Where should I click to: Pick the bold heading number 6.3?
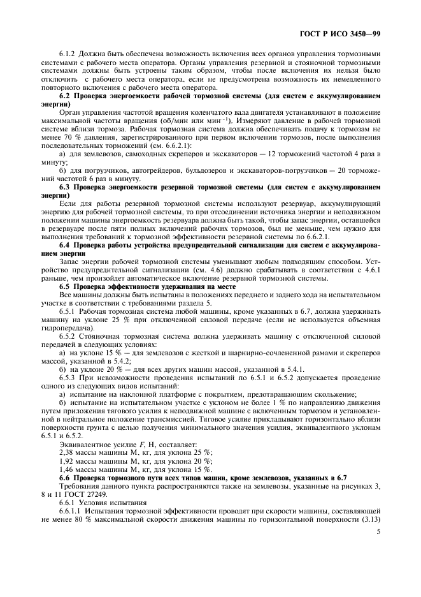68,188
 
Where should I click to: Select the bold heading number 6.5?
68,287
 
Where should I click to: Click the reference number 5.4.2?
125,361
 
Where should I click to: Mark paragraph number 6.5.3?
69,378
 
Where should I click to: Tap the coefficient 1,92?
66,461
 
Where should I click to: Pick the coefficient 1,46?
66,469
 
